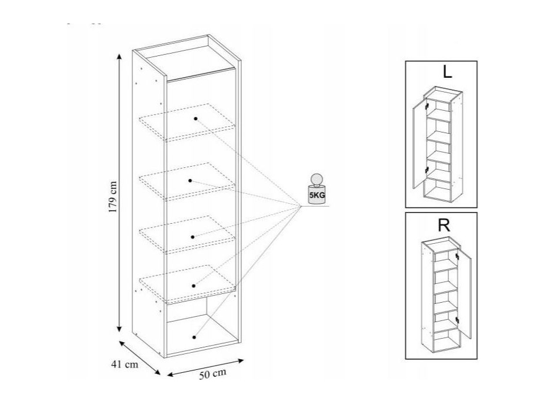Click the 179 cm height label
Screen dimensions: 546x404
pos(112,197)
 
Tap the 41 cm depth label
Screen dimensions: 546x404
pos(125,365)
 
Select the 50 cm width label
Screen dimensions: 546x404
pos(212,374)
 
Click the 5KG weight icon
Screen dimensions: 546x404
pos(317,188)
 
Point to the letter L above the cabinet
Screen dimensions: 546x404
pos(447,72)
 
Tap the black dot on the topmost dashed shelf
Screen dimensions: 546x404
pos(196,118)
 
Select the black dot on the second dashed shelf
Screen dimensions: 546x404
pos(190,181)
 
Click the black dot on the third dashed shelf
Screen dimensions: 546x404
pos(192,237)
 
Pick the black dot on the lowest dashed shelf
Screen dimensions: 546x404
pos(194,286)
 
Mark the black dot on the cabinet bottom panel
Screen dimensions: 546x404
pos(194,337)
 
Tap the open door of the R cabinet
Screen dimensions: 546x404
pos(465,293)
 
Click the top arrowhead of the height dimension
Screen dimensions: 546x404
pos(119,57)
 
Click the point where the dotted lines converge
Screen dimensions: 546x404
pos(301,206)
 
